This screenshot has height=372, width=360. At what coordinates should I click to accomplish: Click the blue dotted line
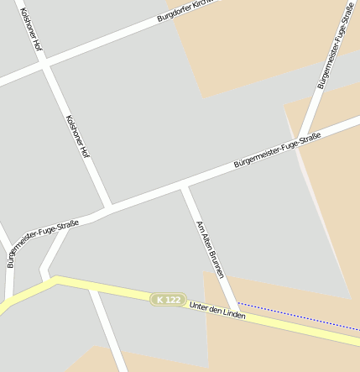click(294, 316)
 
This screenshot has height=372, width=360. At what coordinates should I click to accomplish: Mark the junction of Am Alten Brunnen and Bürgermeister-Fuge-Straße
click(185, 188)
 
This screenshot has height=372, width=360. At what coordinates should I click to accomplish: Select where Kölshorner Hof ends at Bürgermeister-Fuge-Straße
click(107, 207)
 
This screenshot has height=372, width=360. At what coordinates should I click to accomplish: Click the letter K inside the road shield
click(160, 298)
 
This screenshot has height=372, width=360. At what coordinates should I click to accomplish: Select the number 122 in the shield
click(173, 300)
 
